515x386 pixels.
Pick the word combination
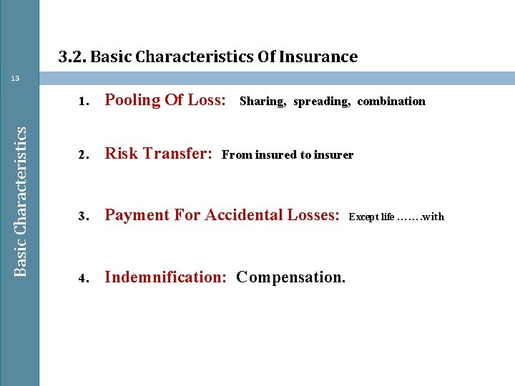coord(391,102)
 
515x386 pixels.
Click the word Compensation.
coord(291,277)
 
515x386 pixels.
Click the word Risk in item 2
coord(120,154)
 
